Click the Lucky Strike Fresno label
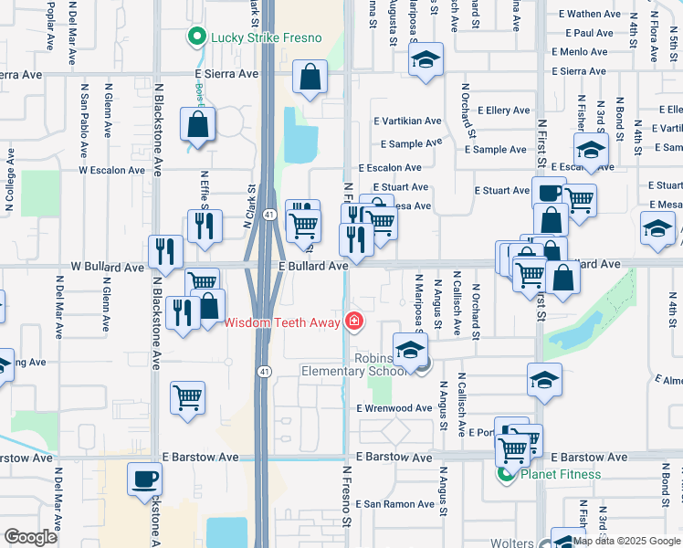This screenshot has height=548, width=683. (x=267, y=37)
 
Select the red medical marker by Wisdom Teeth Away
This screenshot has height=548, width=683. (x=353, y=321)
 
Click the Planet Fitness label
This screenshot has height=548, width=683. (x=561, y=474)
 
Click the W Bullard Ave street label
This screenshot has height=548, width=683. (x=108, y=268)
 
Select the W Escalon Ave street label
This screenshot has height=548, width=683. (x=111, y=170)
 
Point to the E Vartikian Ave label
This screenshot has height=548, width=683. (x=407, y=121)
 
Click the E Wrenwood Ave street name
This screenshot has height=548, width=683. (x=394, y=408)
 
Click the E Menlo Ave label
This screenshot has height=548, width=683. (x=573, y=52)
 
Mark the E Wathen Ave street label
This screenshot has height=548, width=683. (x=591, y=14)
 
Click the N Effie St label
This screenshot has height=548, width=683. (x=204, y=191)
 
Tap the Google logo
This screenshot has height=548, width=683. (x=31, y=537)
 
